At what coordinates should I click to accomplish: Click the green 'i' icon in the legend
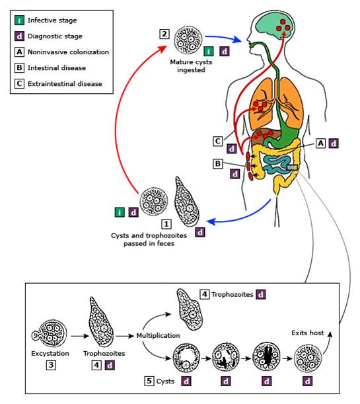19,20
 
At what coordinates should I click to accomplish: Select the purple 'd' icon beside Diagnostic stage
19,36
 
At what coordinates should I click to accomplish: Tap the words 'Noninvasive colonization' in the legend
68,52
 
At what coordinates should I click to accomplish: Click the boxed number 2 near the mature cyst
164,34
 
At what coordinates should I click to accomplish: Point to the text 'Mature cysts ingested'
191,66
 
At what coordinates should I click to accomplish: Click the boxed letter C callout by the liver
218,141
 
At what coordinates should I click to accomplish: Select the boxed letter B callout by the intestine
218,164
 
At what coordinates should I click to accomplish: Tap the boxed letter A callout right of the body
320,143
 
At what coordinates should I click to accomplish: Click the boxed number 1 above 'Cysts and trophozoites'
166,224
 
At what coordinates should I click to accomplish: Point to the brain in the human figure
273,26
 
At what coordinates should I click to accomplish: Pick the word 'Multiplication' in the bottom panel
158,336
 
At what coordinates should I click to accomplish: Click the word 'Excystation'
50,354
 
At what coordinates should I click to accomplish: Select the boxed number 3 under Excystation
51,365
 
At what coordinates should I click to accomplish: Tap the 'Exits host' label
308,333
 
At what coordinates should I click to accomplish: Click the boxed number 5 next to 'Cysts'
149,381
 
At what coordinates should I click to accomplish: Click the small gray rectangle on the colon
293,168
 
